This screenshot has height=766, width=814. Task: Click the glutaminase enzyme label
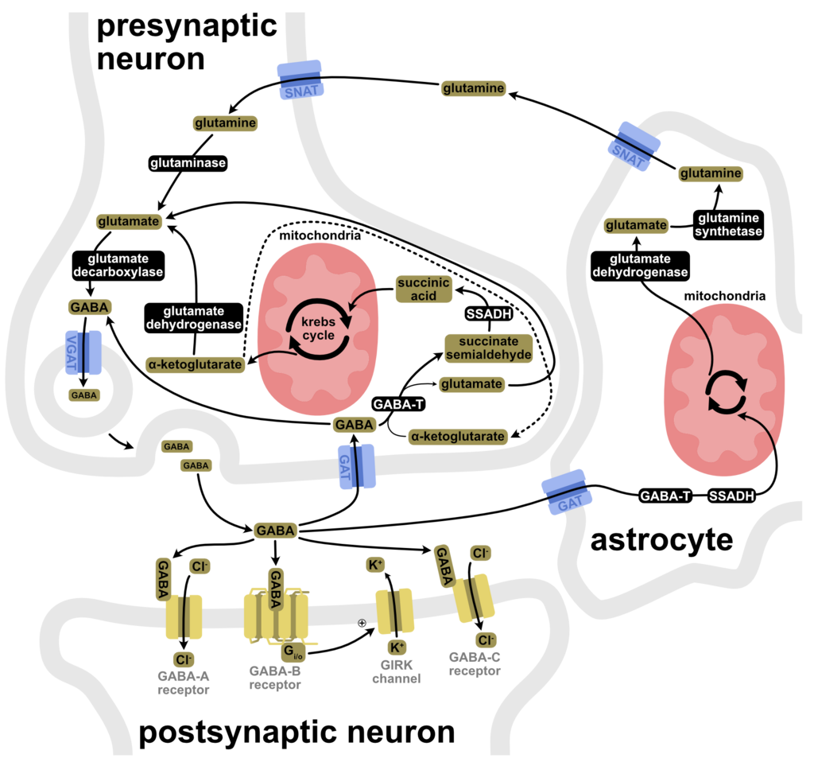[188, 163]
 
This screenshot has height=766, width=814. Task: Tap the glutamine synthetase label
[728, 225]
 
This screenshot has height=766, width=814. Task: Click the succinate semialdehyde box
[488, 348]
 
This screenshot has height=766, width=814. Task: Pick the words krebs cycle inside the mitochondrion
[318, 328]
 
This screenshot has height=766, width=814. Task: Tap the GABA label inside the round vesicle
[83, 395]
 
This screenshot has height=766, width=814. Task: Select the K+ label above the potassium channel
[375, 565]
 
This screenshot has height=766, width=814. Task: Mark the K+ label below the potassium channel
[397, 647]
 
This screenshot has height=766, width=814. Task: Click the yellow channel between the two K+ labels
[394, 612]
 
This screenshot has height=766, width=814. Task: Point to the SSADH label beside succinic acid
[489, 314]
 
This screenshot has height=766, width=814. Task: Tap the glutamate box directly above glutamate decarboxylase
[128, 221]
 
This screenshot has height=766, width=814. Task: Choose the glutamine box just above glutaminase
[225, 123]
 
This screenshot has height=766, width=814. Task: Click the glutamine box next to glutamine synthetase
[711, 173]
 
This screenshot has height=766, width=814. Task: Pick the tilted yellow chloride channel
[474, 598]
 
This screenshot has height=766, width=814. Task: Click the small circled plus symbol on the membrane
[362, 622]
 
